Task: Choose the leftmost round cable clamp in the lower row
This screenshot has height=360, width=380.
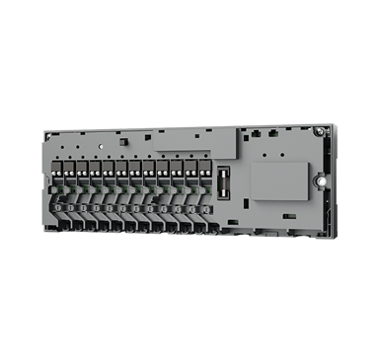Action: (60, 209)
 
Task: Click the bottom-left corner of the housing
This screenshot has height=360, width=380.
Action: (43, 235)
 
